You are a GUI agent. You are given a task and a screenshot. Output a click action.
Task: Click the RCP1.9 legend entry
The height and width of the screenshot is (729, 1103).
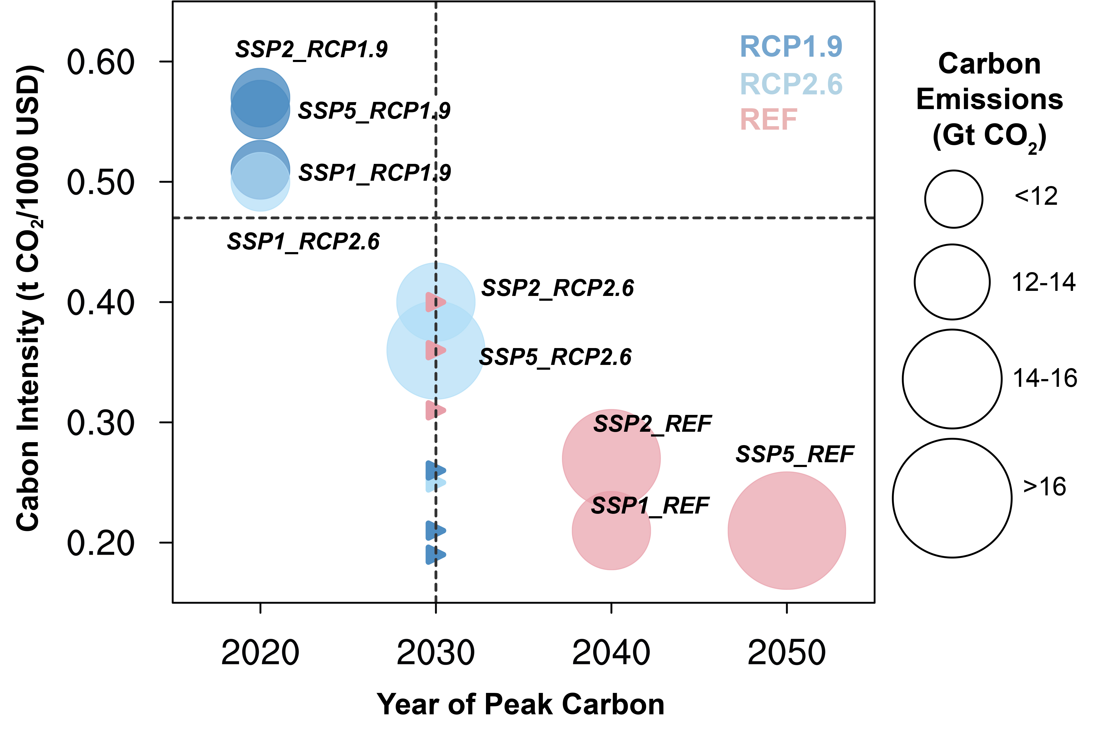pos(791,47)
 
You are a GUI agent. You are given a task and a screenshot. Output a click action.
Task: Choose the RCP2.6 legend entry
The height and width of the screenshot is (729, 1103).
pos(791,84)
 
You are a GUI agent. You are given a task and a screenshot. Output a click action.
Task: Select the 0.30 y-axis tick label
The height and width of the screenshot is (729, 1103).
pos(101,423)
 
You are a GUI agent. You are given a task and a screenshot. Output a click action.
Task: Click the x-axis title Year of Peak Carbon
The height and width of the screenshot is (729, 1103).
pos(520,704)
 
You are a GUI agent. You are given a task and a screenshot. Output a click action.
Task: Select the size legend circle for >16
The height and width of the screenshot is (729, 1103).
pos(952,498)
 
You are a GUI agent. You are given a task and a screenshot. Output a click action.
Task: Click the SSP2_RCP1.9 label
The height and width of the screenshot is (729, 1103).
pos(311,49)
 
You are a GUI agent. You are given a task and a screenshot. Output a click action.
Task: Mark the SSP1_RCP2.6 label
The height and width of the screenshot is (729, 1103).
pos(303,242)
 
